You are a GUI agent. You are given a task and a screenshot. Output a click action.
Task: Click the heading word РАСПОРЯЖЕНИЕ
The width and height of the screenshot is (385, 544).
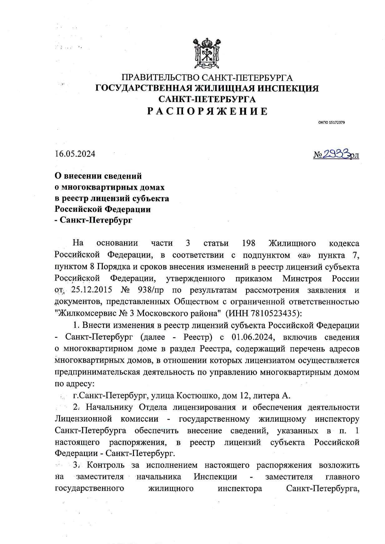[207, 112]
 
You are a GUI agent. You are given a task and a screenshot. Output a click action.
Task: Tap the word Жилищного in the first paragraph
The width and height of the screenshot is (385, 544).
[292, 243]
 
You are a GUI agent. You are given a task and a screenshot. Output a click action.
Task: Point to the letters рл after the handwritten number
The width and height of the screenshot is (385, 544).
[354, 155]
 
